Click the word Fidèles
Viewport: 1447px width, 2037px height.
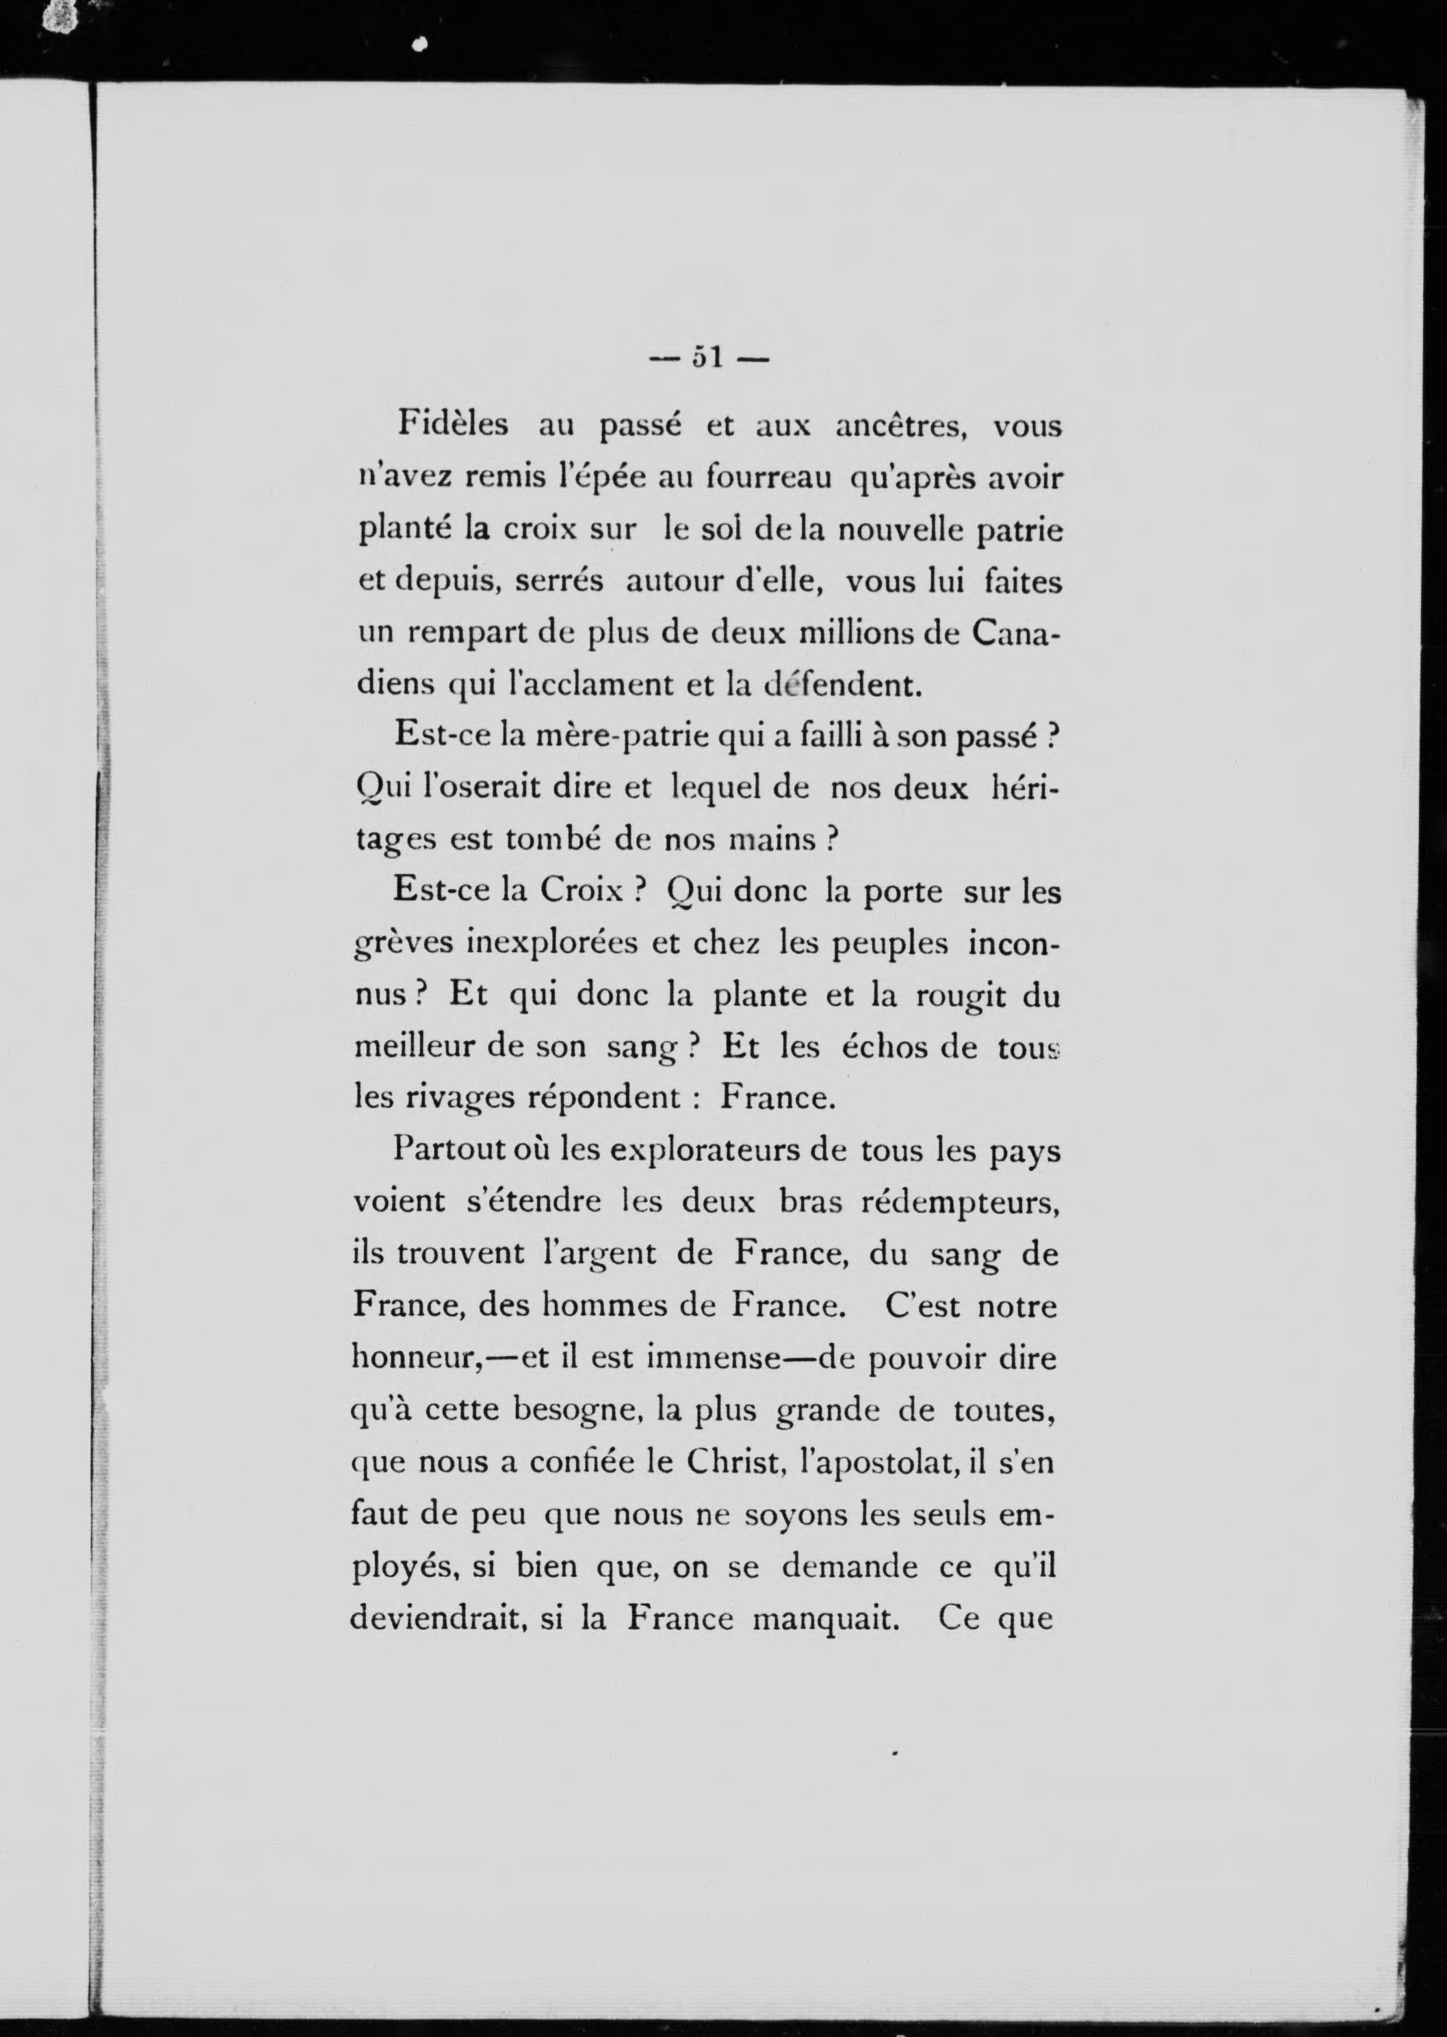453,424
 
